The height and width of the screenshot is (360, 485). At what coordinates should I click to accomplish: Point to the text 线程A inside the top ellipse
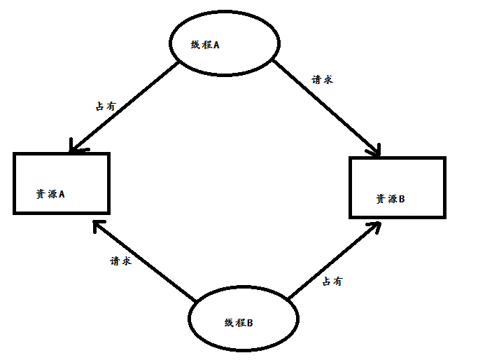(205, 45)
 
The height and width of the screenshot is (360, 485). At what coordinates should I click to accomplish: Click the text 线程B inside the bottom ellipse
(239, 323)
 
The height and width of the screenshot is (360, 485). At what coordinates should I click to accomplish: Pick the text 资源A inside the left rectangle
(50, 194)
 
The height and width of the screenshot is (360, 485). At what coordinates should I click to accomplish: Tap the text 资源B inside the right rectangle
(390, 200)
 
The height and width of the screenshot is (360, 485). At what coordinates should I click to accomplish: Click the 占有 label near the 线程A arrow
(105, 107)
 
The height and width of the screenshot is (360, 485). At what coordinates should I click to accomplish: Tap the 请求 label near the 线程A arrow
(322, 79)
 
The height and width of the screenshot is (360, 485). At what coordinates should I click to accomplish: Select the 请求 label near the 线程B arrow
(120, 261)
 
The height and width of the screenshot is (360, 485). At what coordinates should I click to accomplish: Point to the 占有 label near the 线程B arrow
(332, 282)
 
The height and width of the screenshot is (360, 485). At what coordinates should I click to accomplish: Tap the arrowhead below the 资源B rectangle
(376, 226)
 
